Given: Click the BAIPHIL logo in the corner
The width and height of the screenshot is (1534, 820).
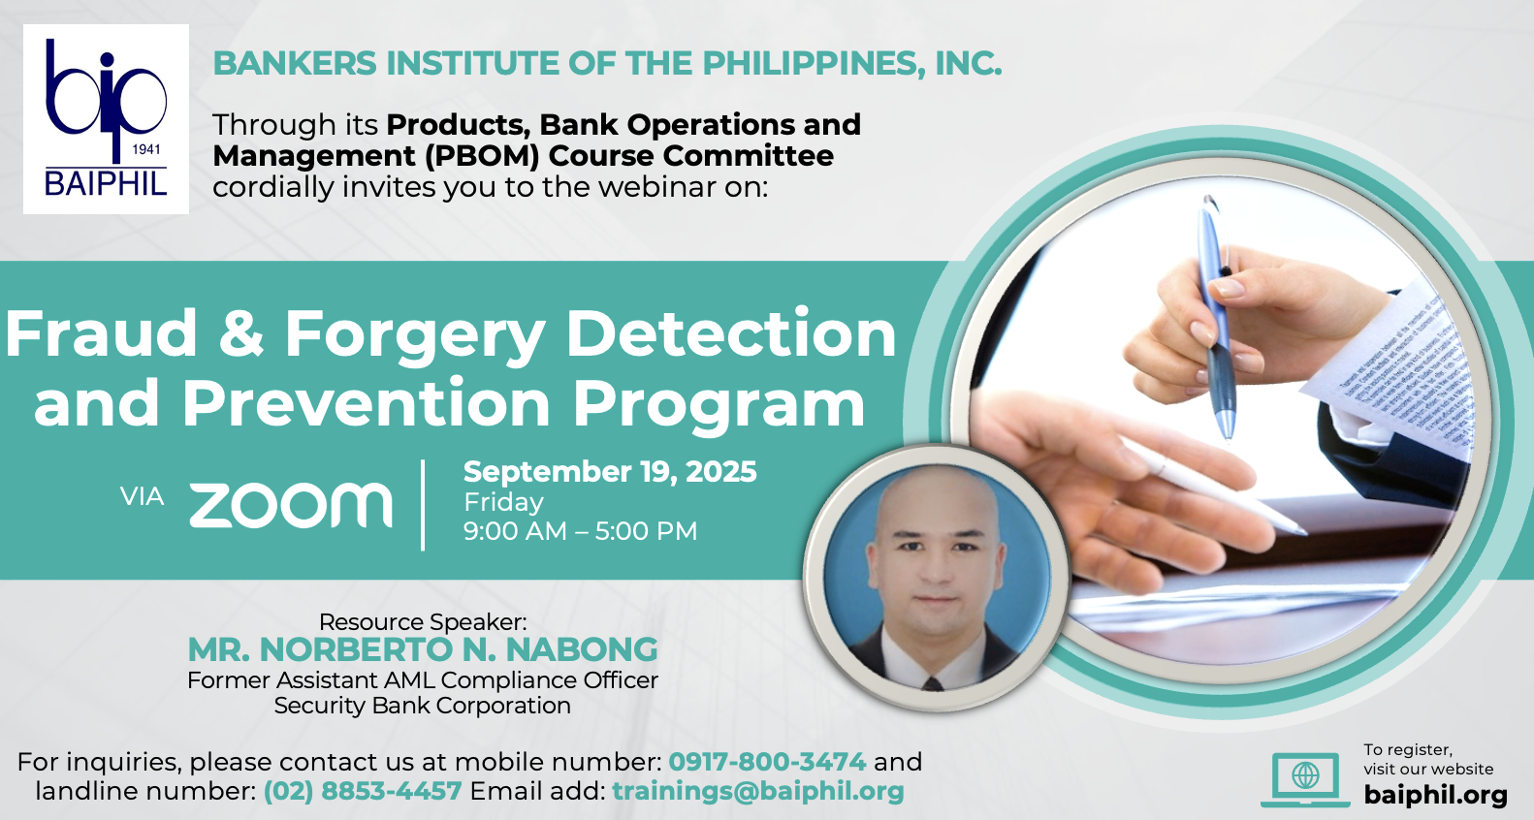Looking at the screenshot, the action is pyautogui.click(x=106, y=119).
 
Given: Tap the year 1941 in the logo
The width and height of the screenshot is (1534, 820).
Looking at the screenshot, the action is pyautogui.click(x=145, y=149).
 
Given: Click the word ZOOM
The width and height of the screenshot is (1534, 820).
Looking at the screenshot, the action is pyautogui.click(x=290, y=505).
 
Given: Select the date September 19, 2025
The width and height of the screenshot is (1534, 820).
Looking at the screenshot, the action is pyautogui.click(x=610, y=472).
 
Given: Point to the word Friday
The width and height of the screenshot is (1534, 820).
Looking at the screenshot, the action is pyautogui.click(x=503, y=502).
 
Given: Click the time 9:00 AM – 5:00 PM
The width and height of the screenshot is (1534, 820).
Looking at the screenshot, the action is pyautogui.click(x=580, y=531).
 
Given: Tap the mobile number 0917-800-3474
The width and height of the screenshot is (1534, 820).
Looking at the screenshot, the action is pyautogui.click(x=767, y=761).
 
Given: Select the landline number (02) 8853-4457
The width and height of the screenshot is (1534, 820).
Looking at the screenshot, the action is pyautogui.click(x=363, y=791).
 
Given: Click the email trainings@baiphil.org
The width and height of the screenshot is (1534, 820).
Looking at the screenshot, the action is pyautogui.click(x=758, y=791).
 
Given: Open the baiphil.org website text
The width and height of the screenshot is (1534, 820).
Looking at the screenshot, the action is pyautogui.click(x=1435, y=795).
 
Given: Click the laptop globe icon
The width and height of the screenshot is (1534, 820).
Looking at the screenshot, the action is pyautogui.click(x=1305, y=779).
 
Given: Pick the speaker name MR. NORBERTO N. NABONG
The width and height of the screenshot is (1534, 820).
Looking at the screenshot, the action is pyautogui.click(x=423, y=649).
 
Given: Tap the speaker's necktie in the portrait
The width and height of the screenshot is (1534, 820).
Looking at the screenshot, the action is pyautogui.click(x=932, y=682).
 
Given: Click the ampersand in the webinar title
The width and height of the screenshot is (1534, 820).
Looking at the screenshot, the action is pyautogui.click(x=241, y=333).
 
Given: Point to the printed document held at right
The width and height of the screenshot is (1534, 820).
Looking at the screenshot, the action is pyautogui.click(x=1397, y=369).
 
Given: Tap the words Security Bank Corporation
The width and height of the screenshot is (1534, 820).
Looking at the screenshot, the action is pyautogui.click(x=423, y=706).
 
